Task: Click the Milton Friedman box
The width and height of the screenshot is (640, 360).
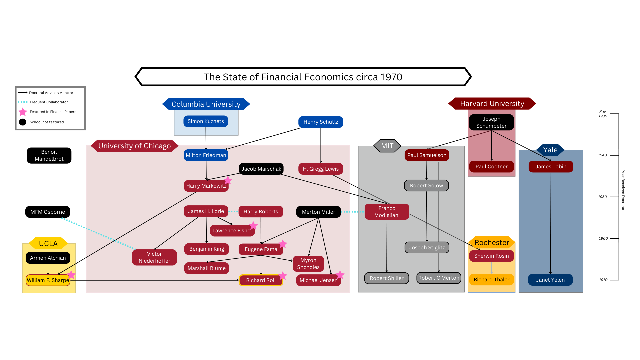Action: (x=206, y=155)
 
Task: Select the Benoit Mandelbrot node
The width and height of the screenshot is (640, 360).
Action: (x=49, y=155)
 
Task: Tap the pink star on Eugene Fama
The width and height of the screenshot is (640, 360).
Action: (x=283, y=244)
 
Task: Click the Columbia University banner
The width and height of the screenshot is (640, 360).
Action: (x=206, y=104)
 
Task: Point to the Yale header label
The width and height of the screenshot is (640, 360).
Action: (x=550, y=150)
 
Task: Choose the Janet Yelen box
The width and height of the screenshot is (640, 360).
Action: (x=550, y=280)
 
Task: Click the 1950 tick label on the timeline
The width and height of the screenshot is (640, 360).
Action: (x=602, y=197)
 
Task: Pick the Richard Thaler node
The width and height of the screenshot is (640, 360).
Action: (x=491, y=280)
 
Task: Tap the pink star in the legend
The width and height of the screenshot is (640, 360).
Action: (x=23, y=112)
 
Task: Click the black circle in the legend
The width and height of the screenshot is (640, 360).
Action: (x=23, y=122)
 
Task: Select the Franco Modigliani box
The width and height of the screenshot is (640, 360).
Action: (x=387, y=212)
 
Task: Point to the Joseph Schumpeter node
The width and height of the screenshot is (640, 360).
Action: (x=491, y=122)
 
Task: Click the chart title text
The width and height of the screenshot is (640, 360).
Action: (x=303, y=77)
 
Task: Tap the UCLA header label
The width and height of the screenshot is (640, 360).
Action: (x=48, y=243)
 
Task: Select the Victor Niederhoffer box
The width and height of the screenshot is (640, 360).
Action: (x=154, y=257)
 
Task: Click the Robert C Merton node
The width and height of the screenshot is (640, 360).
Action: (x=439, y=278)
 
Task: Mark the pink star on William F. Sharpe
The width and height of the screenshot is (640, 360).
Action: (x=71, y=275)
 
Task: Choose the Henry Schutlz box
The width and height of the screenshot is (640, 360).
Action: (x=321, y=122)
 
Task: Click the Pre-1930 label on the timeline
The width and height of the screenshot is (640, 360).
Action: (x=603, y=114)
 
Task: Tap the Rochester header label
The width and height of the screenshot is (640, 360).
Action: (x=492, y=242)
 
